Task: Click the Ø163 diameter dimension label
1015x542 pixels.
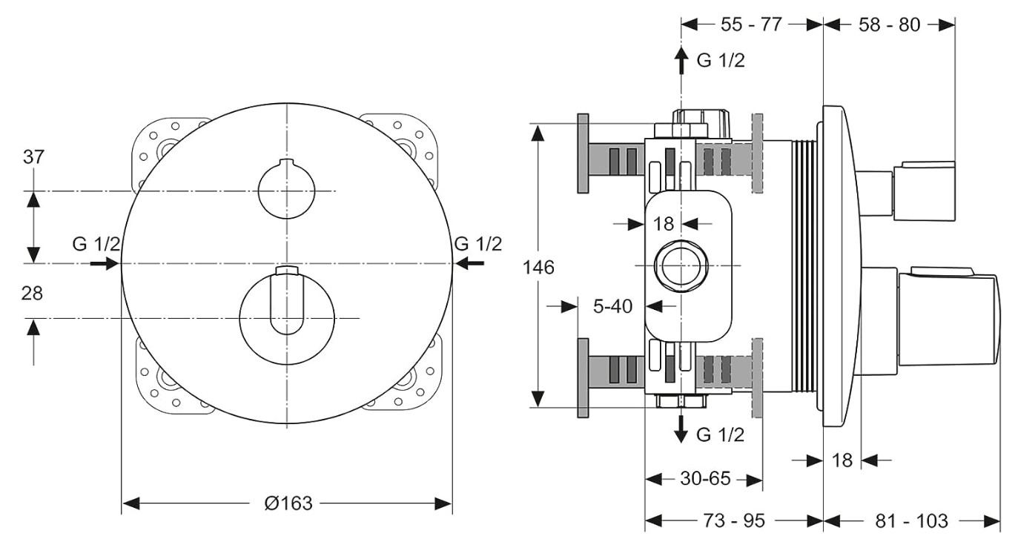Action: (x=288, y=503)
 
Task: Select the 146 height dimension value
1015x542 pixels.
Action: (x=539, y=267)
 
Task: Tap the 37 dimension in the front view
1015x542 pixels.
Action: (x=34, y=157)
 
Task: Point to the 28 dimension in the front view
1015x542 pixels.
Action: (x=33, y=293)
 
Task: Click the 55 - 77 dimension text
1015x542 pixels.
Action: (x=751, y=24)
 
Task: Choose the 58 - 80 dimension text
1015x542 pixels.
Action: (x=888, y=24)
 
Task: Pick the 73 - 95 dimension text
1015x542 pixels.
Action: (x=733, y=521)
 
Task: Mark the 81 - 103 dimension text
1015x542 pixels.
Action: (x=911, y=521)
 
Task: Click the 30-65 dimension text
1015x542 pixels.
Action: (x=704, y=479)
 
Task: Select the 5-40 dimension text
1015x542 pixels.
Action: (x=612, y=306)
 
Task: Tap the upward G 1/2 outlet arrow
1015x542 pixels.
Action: (x=681, y=60)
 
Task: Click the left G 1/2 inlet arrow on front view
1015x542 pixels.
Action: (x=105, y=263)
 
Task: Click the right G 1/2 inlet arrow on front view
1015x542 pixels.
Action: (x=469, y=263)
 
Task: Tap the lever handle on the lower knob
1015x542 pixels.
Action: (x=286, y=305)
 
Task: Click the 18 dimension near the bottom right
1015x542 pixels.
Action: (x=842, y=460)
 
